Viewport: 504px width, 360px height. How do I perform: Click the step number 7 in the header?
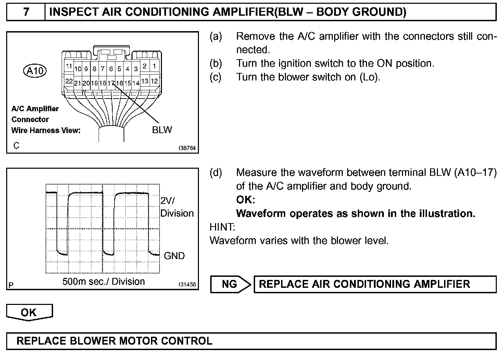(26, 12)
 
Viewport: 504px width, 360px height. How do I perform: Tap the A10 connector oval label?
(35, 71)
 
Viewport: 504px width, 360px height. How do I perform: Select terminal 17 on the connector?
(111, 83)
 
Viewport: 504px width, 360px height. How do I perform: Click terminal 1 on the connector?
(154, 66)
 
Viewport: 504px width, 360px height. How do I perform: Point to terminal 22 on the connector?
(69, 81)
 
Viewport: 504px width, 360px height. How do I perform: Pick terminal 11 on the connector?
(69, 66)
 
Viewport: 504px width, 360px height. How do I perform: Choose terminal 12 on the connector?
(154, 81)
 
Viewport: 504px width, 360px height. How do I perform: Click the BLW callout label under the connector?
(162, 130)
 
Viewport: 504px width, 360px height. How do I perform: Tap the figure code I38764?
(187, 148)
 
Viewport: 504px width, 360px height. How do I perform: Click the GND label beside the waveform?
(174, 256)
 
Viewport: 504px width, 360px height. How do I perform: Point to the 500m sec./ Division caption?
(103, 282)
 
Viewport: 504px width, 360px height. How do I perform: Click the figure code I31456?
(187, 285)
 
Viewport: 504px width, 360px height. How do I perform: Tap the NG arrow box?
(230, 284)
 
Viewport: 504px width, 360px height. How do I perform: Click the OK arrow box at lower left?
(29, 313)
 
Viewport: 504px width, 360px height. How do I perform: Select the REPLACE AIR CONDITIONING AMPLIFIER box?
(375, 284)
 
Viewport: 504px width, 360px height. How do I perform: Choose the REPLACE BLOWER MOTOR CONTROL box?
(251, 341)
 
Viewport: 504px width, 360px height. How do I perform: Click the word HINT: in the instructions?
(222, 227)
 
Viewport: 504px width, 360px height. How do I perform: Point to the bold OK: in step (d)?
(245, 200)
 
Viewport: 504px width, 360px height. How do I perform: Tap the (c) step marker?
(216, 77)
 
